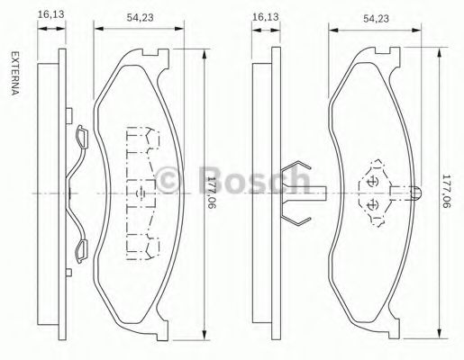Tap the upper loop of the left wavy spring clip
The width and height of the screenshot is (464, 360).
80,136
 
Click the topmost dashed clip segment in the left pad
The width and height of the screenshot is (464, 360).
140,137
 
